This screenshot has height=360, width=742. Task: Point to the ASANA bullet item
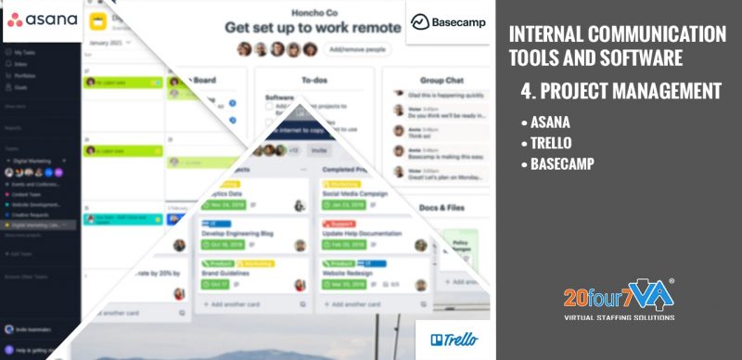coord(550,122)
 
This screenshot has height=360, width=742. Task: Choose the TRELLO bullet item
coord(553,143)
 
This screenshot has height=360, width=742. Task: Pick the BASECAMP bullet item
coord(562,164)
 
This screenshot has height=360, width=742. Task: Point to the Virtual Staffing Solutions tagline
coord(619,317)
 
